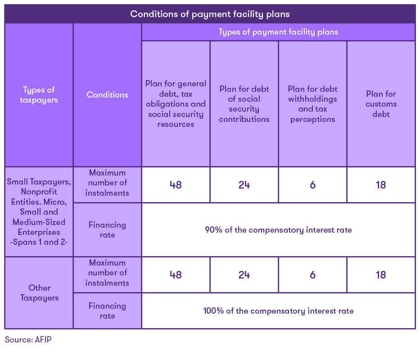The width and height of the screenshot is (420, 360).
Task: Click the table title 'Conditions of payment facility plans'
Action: coord(210,14)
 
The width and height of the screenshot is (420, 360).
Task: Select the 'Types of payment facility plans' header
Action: coord(278,32)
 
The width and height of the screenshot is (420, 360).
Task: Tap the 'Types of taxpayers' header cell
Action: coord(39,95)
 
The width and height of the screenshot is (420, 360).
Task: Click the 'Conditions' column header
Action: coord(107,95)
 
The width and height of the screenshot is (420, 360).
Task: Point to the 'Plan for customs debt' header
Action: coord(381,104)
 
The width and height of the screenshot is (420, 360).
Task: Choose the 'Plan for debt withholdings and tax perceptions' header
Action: coord(312,104)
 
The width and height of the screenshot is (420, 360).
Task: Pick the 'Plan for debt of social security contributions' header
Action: coord(244,104)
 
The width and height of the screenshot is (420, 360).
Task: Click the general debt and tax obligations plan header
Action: coord(176,104)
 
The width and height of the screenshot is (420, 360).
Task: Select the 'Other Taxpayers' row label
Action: coord(39,292)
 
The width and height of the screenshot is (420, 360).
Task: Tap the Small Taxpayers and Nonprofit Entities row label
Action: coord(39,212)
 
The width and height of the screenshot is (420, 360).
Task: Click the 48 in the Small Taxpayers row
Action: coord(176,185)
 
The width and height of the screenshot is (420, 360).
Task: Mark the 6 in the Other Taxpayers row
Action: coord(312,275)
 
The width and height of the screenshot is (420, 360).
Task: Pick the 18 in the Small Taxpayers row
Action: coord(381,185)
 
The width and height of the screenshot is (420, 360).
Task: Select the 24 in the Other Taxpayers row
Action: coord(244,275)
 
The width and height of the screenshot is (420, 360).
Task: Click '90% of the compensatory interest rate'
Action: coord(278,230)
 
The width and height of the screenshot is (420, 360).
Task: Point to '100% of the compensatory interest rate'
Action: coord(278,311)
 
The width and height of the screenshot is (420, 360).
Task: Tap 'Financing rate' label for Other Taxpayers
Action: coord(107,311)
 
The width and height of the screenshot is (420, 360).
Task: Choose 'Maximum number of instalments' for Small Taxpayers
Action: coord(107,183)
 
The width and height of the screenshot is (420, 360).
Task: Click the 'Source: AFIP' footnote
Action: coord(28,340)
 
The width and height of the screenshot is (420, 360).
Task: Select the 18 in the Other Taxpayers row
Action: coord(381,275)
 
